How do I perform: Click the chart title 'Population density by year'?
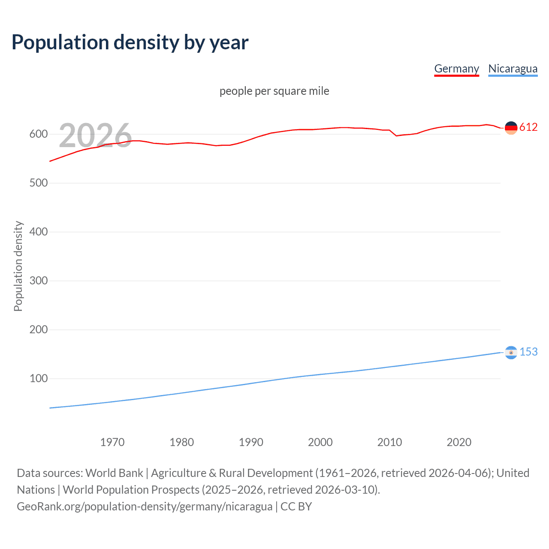tap(130, 42)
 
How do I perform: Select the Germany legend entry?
tap(456, 69)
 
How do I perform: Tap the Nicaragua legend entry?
tap(513, 69)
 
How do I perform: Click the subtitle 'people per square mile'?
tap(274, 91)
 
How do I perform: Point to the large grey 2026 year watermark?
tap(95, 136)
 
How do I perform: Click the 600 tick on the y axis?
tap(39, 134)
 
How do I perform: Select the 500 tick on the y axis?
tap(39, 183)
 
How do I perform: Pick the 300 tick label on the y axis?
tap(39, 281)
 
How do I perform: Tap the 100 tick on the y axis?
tap(39, 379)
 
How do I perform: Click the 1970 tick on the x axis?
tap(112, 442)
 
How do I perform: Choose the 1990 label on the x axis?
tap(251, 442)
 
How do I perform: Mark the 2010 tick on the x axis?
tap(389, 442)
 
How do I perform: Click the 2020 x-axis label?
tap(459, 442)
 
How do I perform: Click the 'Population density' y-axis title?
tap(18, 266)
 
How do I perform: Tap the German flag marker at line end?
tap(511, 128)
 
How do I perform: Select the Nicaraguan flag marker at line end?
tap(511, 352)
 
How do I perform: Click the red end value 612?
tap(528, 127)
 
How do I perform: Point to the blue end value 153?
tap(528, 352)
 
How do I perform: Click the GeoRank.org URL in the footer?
tap(145, 507)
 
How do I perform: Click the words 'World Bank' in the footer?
tap(114, 473)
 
